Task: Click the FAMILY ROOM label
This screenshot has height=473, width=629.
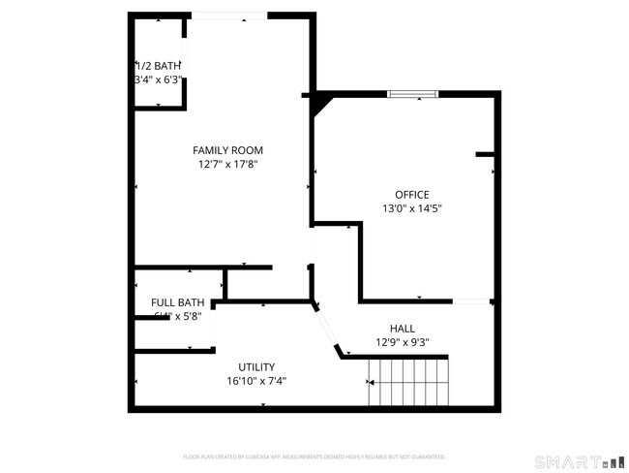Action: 227,150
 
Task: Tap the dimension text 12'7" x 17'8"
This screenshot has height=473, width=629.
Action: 227,165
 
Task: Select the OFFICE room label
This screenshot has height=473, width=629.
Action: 411,195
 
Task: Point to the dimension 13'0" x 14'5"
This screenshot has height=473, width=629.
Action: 411,208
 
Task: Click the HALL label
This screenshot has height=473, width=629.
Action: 403,329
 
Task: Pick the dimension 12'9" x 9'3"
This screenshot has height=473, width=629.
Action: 403,342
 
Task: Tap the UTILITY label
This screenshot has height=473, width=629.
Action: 256,367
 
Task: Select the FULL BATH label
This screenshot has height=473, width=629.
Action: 177,302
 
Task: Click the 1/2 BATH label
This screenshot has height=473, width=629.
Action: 158,66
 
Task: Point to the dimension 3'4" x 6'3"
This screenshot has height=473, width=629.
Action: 158,79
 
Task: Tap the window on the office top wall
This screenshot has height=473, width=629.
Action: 413,94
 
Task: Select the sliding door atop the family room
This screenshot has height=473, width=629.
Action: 228,15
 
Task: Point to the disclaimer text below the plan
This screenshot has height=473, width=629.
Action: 314,456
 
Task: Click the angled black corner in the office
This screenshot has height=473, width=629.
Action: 318,101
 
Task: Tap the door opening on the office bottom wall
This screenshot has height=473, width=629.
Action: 472,301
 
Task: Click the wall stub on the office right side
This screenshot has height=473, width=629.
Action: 486,153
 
